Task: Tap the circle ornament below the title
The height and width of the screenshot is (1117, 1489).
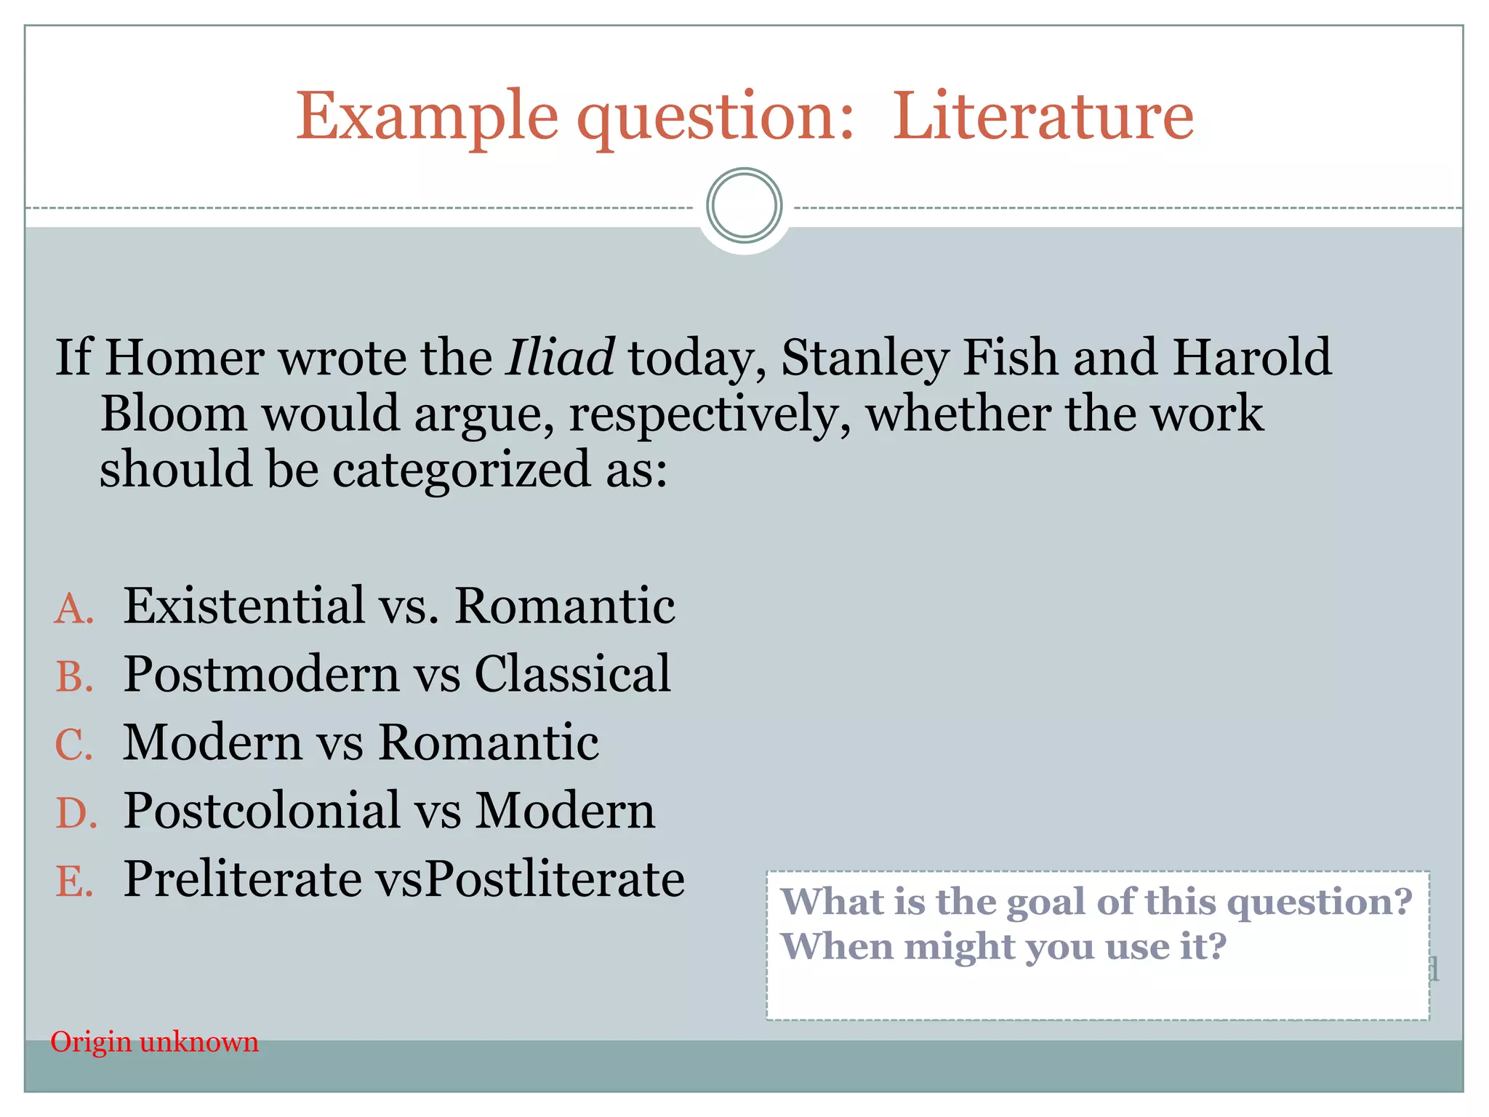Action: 744,206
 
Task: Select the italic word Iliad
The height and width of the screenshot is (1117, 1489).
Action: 560,357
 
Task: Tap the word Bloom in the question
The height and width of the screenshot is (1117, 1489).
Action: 173,413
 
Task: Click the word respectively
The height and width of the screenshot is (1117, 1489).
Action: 709,415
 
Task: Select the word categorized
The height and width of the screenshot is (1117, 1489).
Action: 461,469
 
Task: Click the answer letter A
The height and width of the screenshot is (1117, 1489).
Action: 74,609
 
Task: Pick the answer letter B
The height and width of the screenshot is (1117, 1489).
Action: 74,676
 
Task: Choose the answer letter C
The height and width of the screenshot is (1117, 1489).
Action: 74,745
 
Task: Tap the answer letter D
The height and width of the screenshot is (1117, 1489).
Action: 76,813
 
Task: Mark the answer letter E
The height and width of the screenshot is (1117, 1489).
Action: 74,881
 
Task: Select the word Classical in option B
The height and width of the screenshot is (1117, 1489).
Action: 573,673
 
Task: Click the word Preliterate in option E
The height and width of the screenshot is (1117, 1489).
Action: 243,878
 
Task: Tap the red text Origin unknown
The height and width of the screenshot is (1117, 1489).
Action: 154,1042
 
